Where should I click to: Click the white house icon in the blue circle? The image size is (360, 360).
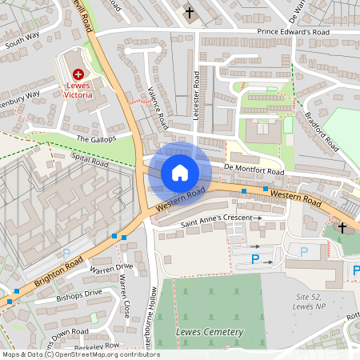(x=180, y=173)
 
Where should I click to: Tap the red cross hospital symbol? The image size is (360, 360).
(x=78, y=74)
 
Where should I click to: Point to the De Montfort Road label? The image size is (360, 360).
(x=254, y=170)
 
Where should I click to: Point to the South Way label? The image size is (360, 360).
(x=22, y=41)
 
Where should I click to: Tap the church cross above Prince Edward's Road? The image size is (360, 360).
(x=190, y=13)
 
